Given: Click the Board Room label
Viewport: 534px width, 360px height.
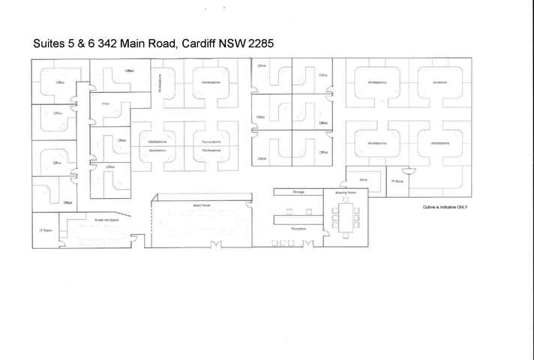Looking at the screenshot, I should [x=201, y=205].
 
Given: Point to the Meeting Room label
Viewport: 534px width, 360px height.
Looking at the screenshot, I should [x=345, y=193].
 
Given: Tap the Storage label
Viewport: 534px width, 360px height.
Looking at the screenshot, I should [x=298, y=192].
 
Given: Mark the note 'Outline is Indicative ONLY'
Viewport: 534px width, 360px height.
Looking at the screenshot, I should [x=445, y=207].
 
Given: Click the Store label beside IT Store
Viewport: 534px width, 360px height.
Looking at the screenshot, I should [x=363, y=180].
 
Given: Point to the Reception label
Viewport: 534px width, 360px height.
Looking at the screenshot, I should [x=298, y=229].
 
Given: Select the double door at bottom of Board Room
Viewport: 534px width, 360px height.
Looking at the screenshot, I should [x=216, y=243].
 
